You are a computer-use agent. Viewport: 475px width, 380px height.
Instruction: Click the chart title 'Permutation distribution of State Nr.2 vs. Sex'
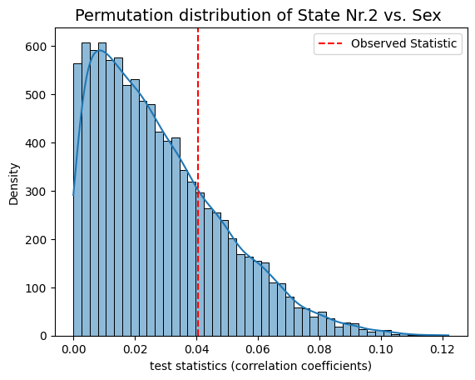tap(258, 15)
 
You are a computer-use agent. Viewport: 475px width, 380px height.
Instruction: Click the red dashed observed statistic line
tap(198, 182)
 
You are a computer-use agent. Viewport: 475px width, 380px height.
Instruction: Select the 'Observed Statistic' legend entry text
tap(403, 43)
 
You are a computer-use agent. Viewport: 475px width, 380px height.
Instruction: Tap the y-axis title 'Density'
tap(13, 184)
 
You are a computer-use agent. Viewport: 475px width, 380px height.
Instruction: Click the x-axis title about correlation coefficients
tap(260, 366)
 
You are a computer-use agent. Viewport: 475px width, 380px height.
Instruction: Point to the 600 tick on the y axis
tap(36, 47)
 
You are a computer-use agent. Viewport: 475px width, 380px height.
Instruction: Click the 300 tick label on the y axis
tap(36, 192)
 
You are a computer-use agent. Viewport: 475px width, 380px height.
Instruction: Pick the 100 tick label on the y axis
tap(36, 288)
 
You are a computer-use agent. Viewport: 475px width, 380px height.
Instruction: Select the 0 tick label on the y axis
tap(43, 337)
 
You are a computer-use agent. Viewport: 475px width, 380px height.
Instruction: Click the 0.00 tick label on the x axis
tap(73, 349)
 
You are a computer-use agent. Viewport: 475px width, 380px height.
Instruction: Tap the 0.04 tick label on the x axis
tap(196, 349)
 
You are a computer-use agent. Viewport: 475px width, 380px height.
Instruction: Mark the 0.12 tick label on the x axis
tap(442, 349)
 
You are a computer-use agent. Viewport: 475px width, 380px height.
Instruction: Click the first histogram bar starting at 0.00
tap(77, 200)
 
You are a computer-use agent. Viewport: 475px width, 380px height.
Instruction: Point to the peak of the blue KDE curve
tap(99, 50)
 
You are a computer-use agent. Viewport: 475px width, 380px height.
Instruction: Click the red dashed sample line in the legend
tap(330, 43)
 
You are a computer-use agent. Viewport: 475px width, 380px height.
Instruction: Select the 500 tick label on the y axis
tap(36, 95)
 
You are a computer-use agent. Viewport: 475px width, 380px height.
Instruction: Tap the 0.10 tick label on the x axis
tap(380, 349)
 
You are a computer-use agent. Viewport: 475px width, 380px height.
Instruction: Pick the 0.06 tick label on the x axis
tap(258, 349)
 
